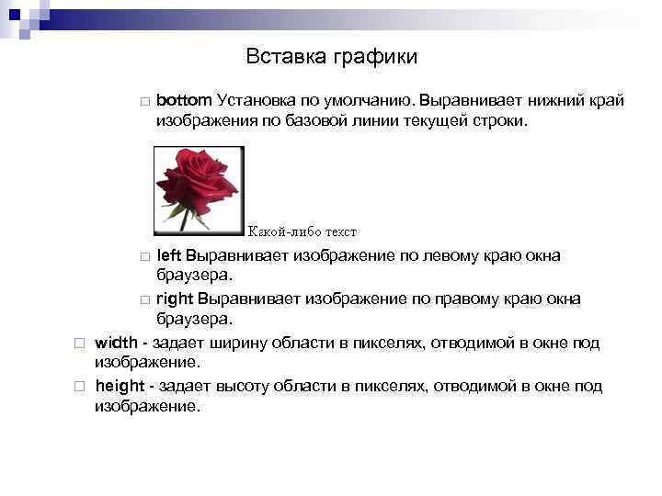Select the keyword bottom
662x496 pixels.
[x=185, y=99]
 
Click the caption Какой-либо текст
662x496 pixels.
[x=302, y=231]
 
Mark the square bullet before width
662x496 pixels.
[x=80, y=344]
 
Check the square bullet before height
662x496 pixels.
[x=80, y=388]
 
